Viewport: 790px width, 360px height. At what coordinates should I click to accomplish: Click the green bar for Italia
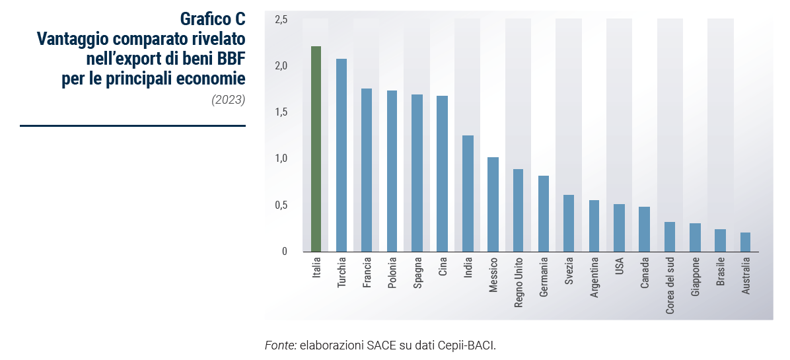click(x=316, y=149)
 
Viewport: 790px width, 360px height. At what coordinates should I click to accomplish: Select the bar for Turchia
click(x=341, y=155)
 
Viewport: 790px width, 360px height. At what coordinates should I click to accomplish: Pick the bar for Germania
click(x=544, y=213)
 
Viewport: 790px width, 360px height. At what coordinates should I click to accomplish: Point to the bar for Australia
click(x=745, y=242)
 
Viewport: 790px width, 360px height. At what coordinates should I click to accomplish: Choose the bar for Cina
click(x=443, y=174)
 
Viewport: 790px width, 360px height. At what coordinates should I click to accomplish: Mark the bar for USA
click(x=619, y=228)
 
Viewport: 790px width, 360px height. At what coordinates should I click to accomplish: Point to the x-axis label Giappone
click(x=695, y=279)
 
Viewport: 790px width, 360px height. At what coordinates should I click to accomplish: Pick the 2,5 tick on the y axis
click(x=281, y=20)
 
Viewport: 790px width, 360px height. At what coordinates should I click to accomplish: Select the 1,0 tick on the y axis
click(x=281, y=159)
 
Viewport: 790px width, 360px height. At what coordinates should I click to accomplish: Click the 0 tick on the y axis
click(x=285, y=252)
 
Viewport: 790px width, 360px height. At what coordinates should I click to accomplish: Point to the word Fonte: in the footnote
click(x=280, y=345)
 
